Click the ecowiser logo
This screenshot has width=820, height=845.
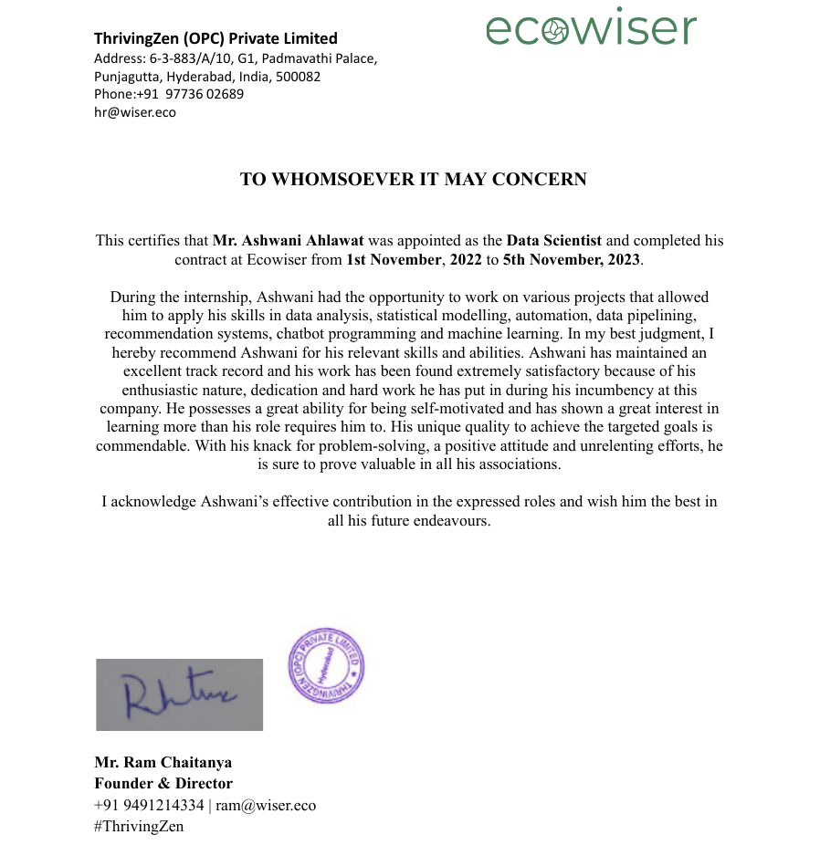coord(591,28)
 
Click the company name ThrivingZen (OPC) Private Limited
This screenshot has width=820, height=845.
coord(216,38)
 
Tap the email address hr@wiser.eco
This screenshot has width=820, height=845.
coord(135,113)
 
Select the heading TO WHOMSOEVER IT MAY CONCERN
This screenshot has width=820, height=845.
coord(413,180)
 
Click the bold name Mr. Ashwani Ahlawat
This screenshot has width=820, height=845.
coord(289,241)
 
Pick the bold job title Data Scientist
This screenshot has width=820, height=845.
coord(554,241)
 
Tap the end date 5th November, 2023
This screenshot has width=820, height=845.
coord(573,259)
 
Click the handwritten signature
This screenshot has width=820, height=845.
coord(179,694)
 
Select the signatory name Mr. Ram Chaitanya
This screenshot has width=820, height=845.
coord(163,762)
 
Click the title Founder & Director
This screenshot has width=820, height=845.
coord(163,783)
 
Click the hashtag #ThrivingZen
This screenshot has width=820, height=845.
coord(139,826)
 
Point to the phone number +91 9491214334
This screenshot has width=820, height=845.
coord(149,805)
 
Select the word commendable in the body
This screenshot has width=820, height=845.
coord(141,445)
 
